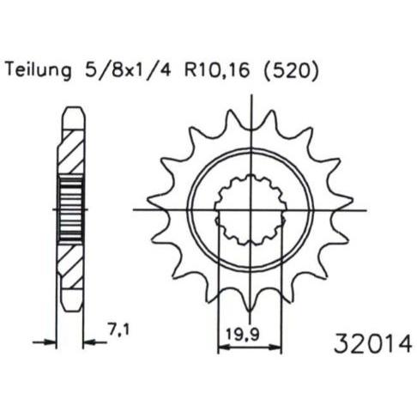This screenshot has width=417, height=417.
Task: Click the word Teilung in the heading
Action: pyautogui.click(x=39, y=70)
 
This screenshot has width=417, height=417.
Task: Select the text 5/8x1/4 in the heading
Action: pyautogui.click(x=124, y=70)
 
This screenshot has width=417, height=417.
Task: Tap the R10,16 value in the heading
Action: pyautogui.click(x=216, y=70)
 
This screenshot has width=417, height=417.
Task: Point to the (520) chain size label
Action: pyautogui.click(x=290, y=70)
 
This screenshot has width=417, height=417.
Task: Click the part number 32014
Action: pyautogui.click(x=373, y=343)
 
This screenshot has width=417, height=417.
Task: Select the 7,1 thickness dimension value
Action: pyautogui.click(x=118, y=329)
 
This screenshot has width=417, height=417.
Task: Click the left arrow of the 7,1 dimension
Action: pyautogui.click(x=45, y=341)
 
